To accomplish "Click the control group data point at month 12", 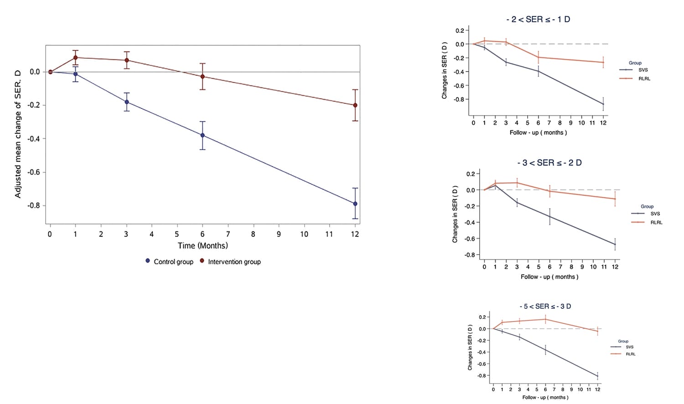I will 355,204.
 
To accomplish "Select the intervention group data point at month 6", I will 202,77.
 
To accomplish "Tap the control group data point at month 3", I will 126,102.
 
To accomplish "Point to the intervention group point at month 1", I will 75,57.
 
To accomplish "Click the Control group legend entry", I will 169,261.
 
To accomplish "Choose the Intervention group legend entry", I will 230,261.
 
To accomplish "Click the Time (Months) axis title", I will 202,245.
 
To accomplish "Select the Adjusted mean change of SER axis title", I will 18,134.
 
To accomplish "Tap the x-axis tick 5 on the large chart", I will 177,234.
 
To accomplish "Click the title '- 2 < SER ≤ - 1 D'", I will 538,20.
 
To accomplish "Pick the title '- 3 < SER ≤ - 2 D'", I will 549,163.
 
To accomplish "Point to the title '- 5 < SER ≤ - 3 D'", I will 545,307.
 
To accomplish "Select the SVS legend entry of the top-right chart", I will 638,70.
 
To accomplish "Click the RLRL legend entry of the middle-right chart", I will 651,222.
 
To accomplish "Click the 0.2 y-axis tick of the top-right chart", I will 459,31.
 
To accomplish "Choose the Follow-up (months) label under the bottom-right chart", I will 545,397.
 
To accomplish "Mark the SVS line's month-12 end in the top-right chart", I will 603,104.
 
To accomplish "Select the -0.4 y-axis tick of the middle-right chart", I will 470,222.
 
